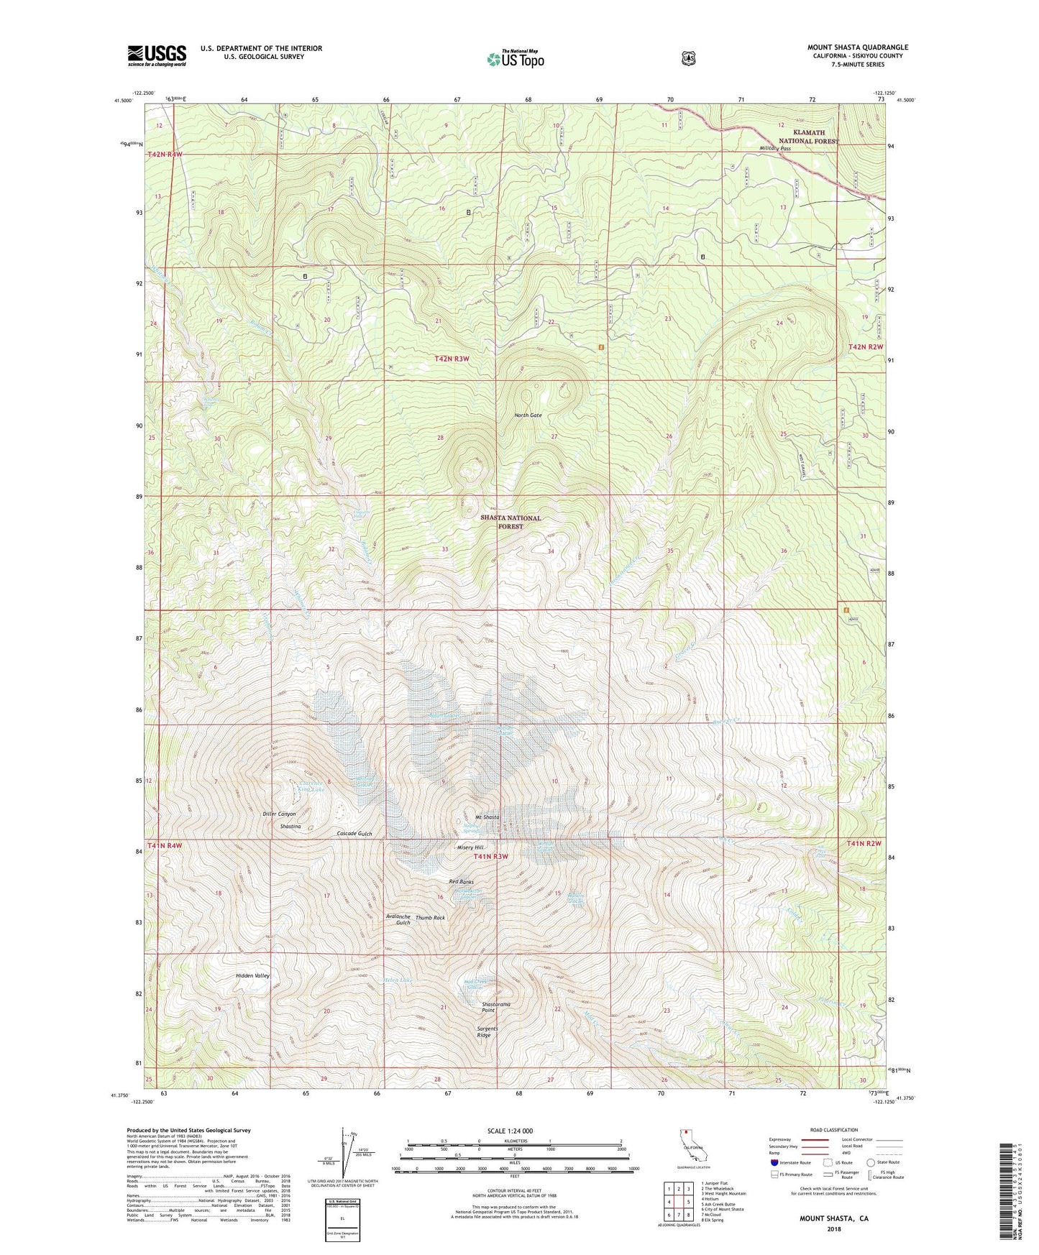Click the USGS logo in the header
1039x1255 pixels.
[157, 55]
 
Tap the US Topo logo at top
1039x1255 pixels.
[515, 58]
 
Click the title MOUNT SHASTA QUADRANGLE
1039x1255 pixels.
[857, 47]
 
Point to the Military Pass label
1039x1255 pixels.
[775, 148]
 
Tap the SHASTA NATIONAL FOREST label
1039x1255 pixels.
[511, 522]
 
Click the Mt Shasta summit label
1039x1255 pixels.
[487, 817]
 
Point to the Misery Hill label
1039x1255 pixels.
[471, 847]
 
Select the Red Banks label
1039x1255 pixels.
[461, 881]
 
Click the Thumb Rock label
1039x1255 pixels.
[430, 918]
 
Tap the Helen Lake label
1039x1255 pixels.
[400, 980]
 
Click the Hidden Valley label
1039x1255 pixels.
[253, 975]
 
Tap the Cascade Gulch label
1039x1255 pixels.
[354, 834]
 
